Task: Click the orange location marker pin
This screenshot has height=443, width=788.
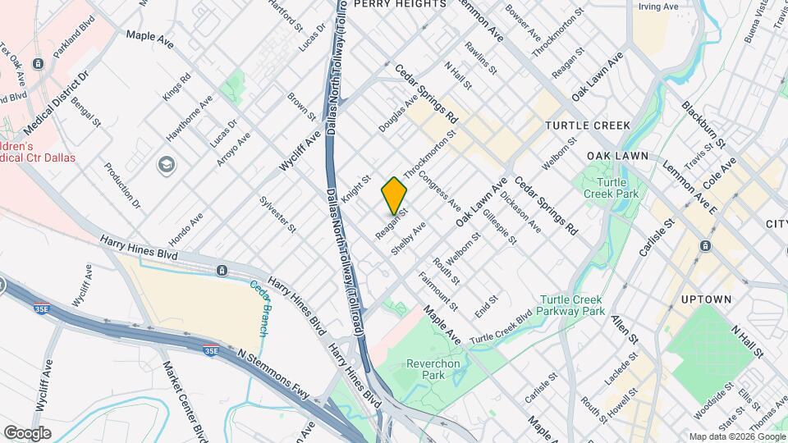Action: (395, 195)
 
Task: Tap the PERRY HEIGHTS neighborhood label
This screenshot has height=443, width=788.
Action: (399, 4)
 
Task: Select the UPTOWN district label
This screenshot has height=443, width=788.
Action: (705, 299)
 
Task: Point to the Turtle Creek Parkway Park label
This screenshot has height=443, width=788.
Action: (572, 306)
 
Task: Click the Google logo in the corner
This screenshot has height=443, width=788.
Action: (27, 432)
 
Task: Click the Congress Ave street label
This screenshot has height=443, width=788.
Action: (439, 190)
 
